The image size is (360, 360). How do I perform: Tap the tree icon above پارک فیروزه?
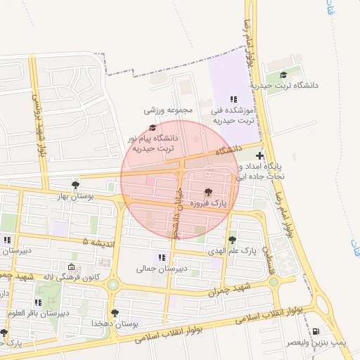(207, 192)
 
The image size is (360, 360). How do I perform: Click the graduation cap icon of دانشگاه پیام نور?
(152, 127)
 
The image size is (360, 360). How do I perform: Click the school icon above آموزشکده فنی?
(233, 99)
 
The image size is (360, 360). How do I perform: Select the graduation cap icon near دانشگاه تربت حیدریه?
(283, 75)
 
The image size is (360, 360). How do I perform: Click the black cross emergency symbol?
(260, 155)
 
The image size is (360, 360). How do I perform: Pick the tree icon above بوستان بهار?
(75, 184)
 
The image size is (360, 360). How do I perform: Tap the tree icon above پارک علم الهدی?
(233, 239)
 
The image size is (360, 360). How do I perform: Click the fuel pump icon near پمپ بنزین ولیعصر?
(315, 331)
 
